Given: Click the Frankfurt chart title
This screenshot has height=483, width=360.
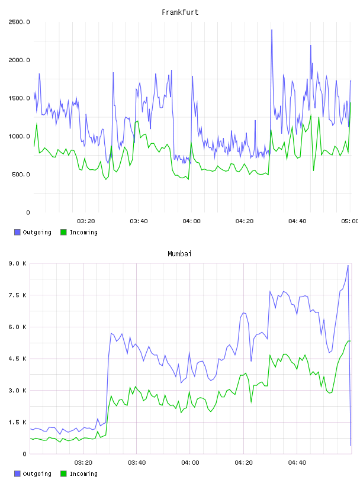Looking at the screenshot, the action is click(x=180, y=12).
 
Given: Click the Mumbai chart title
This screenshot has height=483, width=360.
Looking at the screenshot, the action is click(x=179, y=254).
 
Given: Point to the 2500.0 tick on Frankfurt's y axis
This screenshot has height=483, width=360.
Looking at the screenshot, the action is click(x=19, y=22).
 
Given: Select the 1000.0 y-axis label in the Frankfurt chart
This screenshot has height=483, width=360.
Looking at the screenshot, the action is click(x=19, y=136).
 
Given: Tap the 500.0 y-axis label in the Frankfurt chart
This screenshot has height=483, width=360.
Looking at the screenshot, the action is click(x=21, y=175).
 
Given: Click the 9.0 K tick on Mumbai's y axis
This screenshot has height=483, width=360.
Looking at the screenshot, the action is click(x=17, y=263).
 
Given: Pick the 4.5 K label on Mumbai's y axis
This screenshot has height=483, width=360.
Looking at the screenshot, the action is click(x=17, y=359).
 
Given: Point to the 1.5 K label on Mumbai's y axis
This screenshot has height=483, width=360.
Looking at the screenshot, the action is click(x=17, y=422).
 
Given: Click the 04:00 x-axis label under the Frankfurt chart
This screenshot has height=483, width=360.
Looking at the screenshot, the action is click(x=191, y=221).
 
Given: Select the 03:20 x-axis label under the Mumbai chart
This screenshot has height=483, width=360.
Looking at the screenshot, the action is click(x=83, y=462).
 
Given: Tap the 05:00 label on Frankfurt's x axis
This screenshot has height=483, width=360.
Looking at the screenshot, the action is click(x=350, y=221).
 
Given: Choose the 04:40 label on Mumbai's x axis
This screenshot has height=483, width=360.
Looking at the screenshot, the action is click(x=297, y=462).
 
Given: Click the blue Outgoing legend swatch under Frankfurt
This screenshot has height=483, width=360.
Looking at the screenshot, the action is click(x=17, y=232).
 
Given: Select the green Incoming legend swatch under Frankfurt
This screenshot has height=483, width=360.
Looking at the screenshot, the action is click(x=63, y=232).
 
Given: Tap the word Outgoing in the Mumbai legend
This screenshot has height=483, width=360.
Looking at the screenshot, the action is click(x=37, y=474).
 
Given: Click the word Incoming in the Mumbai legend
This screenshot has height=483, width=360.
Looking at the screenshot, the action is click(x=83, y=474).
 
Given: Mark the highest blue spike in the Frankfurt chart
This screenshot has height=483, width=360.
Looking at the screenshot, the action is click(x=272, y=30).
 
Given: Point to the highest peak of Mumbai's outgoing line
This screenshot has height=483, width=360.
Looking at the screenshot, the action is click(x=348, y=265).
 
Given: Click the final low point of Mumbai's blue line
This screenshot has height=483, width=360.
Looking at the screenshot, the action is click(x=351, y=445).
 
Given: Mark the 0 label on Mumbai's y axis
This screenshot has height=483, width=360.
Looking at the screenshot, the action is click(x=25, y=454).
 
